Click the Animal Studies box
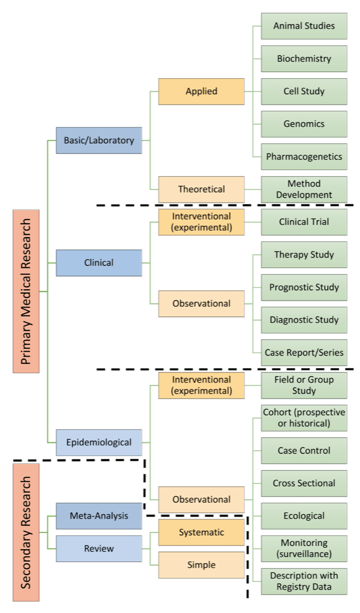[304, 26]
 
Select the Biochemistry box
[304, 58]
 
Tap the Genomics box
[304, 124]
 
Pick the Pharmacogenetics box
[304, 156]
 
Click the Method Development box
[304, 189]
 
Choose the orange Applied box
[201, 91]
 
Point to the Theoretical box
[201, 189]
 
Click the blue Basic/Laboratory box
[99, 140]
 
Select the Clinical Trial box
[304, 222]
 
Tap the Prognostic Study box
[304, 287]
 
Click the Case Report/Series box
[304, 352]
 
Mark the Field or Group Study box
[304, 385]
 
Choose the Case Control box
[304, 451]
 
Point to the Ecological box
[304, 516]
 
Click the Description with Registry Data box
[304, 581]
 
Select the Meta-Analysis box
[99, 516]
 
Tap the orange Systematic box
[201, 532]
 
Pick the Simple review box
[201, 565]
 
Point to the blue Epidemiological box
[99, 442]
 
